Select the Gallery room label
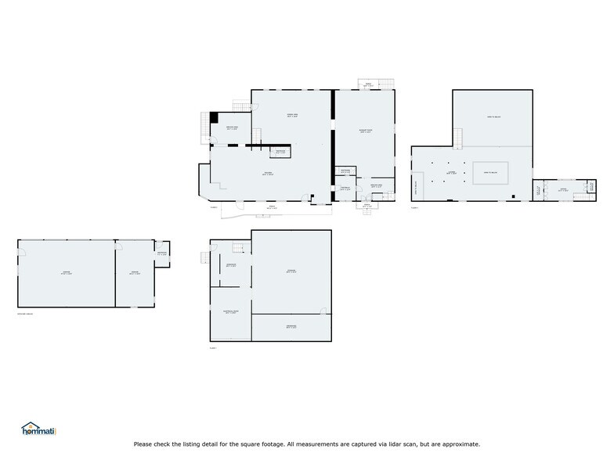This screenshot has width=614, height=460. click(x=267, y=174)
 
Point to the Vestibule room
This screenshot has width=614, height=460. click(x=344, y=189)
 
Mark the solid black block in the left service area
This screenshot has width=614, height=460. click(x=213, y=118)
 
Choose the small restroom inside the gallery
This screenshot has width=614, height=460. click(x=280, y=152)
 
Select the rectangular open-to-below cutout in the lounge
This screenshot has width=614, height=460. click(x=491, y=172)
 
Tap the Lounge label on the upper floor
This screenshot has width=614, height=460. click(x=451, y=173)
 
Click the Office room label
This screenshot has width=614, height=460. click(x=562, y=189)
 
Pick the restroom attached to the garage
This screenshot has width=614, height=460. click(x=161, y=253)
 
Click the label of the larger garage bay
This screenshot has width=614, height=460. click(x=67, y=273)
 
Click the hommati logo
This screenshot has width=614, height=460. click(x=39, y=429)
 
